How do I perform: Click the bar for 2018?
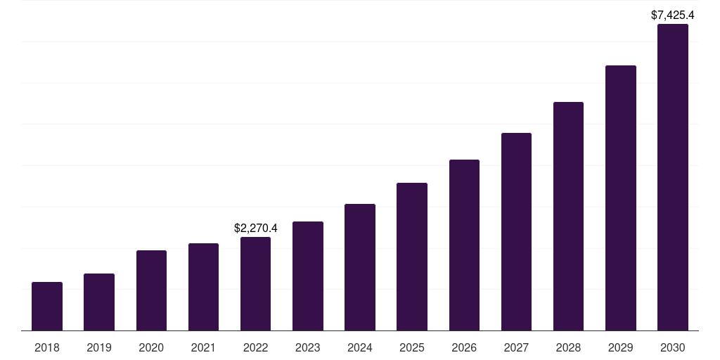(47, 307)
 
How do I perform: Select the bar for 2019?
(99, 302)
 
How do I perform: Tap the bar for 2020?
(151, 290)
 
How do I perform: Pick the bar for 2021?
(203, 287)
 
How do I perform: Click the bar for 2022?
(255, 284)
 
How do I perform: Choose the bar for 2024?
(360, 267)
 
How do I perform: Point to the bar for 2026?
(464, 245)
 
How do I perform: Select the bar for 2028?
(568, 217)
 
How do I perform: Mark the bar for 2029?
(620, 198)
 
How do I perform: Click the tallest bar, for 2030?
(672, 177)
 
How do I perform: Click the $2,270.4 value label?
(255, 228)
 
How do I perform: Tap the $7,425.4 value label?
(672, 15)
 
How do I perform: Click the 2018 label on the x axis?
(47, 347)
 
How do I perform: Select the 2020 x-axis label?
(151, 347)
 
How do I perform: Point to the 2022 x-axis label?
(255, 347)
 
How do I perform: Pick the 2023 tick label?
(308, 347)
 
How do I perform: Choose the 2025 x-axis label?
(412, 347)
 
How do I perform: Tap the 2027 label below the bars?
(516, 347)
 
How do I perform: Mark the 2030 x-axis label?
(672, 347)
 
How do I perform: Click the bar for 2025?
(412, 257)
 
